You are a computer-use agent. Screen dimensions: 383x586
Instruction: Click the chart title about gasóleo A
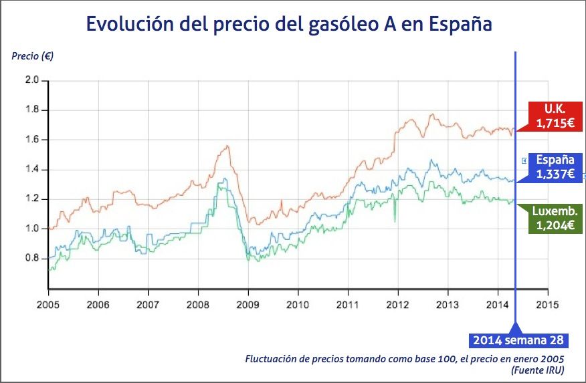click(289, 25)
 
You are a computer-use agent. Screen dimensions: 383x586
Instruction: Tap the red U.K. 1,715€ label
click(555, 116)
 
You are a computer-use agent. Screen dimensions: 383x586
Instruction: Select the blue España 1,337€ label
click(555, 167)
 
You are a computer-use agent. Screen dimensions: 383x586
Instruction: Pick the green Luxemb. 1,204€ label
click(555, 219)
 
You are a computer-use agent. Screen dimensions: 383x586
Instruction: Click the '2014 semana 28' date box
click(518, 340)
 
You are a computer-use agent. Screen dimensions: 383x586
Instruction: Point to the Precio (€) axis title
click(32, 55)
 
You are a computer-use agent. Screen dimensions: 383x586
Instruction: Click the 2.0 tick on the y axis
click(31, 81)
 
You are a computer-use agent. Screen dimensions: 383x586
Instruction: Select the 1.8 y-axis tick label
click(31, 110)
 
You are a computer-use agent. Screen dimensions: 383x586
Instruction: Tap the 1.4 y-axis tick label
click(31, 170)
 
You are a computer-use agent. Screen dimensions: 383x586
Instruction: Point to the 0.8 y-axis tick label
click(31, 258)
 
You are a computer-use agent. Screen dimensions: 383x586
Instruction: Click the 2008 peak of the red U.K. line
click(228, 146)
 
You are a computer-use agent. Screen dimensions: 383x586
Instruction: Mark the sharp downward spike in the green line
click(395, 221)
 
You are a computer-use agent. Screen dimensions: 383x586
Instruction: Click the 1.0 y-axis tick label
click(31, 229)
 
